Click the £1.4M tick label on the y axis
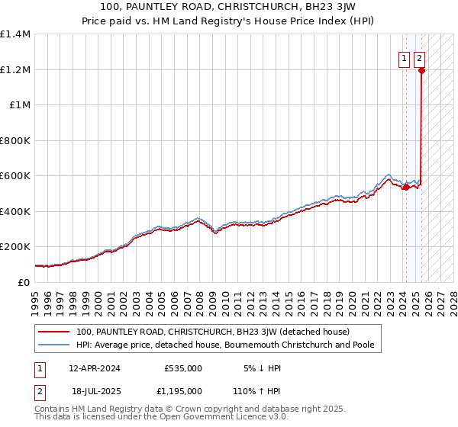click(x=15, y=34)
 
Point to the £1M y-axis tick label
click(x=19, y=105)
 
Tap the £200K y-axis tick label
click(x=15, y=247)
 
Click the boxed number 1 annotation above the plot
click(x=403, y=57)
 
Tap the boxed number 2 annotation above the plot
click(x=420, y=57)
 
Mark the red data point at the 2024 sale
click(x=405, y=187)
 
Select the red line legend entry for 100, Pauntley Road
click(x=212, y=332)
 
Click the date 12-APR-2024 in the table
click(x=95, y=368)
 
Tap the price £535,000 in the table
click(x=183, y=368)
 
